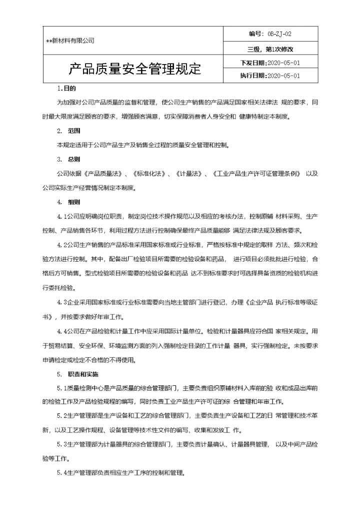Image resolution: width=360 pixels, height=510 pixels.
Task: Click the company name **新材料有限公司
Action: [x=70, y=41]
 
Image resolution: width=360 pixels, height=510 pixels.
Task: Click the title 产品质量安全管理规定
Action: [x=134, y=69]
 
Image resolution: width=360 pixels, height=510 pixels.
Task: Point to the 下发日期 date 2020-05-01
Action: [x=284, y=63]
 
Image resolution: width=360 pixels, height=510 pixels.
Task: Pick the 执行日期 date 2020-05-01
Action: [x=284, y=76]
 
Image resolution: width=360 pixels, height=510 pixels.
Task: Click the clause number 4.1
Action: [x=62, y=217]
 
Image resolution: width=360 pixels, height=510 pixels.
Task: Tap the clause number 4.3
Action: [x=62, y=303]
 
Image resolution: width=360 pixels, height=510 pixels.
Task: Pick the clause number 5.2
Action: [x=62, y=416]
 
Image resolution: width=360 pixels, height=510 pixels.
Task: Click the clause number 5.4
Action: [x=62, y=472]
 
